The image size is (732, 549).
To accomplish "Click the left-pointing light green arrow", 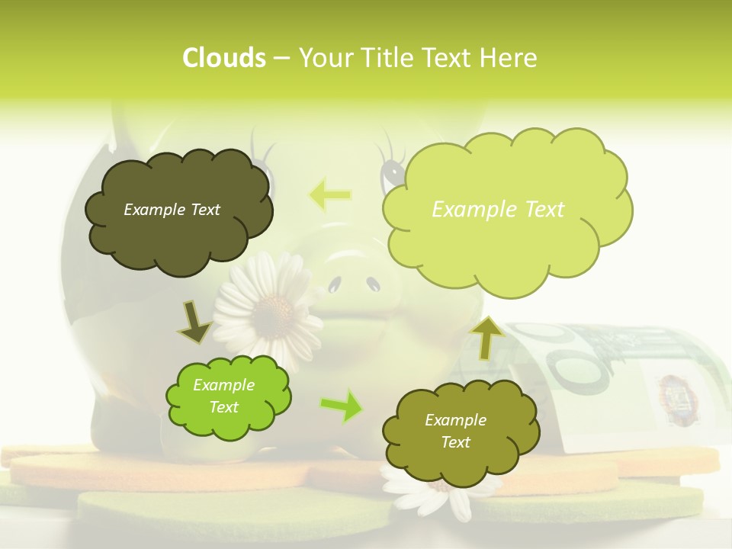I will [330, 195].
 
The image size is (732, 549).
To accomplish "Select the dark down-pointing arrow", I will [194, 322].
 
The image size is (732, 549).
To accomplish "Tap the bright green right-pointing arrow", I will [342, 405].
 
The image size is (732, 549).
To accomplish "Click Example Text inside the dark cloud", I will [172, 210].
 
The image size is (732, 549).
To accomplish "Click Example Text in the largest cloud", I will [498, 210].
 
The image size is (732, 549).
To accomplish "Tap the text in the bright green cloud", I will [224, 396].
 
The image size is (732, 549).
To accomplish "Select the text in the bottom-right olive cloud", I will [455, 432].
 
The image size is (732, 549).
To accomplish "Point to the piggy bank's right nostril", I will [373, 284].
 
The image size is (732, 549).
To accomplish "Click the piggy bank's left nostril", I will [333, 286].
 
